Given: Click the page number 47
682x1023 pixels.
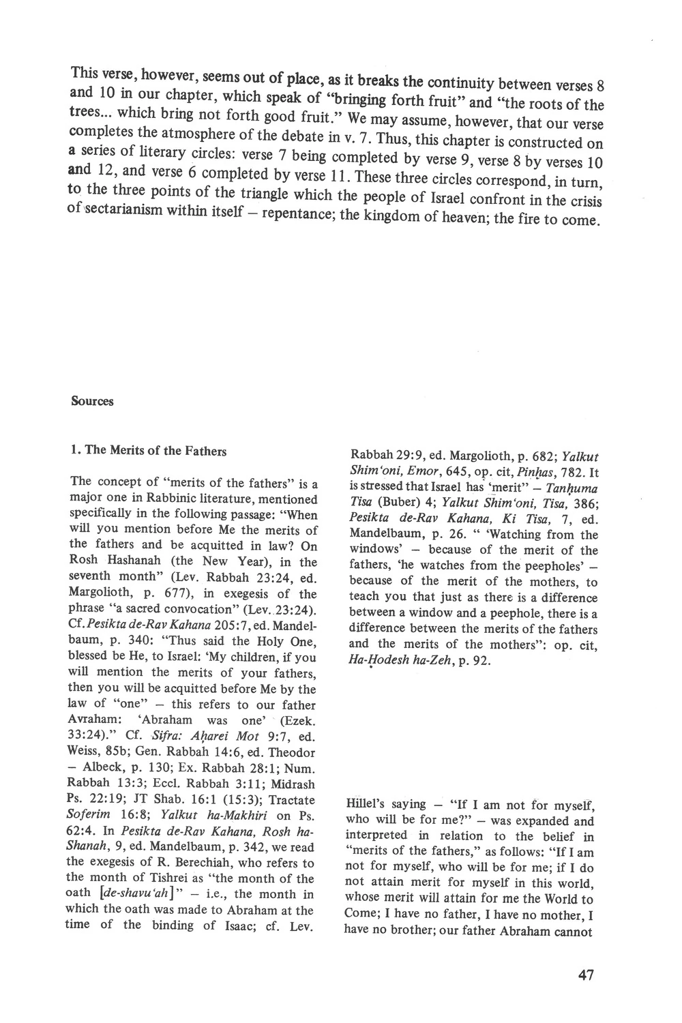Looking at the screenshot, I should click(x=585, y=975).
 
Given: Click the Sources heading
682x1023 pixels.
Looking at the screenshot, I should click(x=92, y=401).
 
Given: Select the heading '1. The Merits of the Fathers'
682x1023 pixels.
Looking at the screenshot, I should click(x=149, y=450).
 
